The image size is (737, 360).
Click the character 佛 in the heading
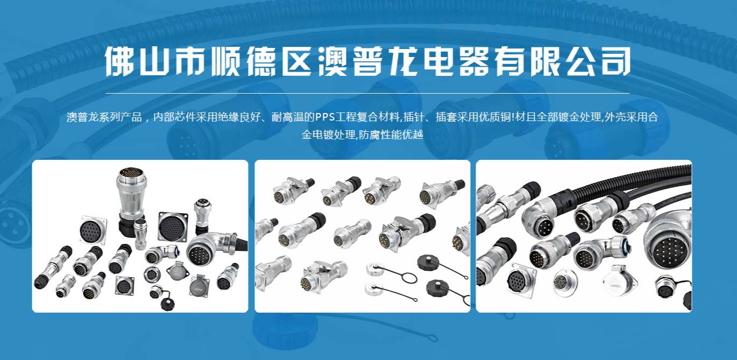[x=119, y=61]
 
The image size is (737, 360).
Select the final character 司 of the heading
[x=616, y=61]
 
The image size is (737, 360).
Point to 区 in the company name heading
[x=296, y=61]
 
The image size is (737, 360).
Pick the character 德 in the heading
[x=261, y=61]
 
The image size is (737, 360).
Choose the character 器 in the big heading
[x=474, y=61]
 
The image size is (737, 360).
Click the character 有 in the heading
[x=509, y=61]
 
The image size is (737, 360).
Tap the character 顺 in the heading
[x=225, y=61]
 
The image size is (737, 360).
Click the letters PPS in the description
[x=325, y=117]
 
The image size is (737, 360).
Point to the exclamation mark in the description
[x=513, y=117]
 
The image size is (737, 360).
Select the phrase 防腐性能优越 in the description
[x=391, y=135]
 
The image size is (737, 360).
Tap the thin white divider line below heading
[x=367, y=94]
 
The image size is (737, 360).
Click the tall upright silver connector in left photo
[x=131, y=201]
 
